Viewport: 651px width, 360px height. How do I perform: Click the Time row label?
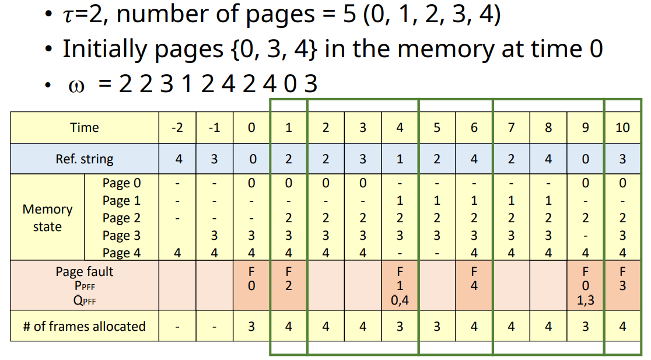point(85,128)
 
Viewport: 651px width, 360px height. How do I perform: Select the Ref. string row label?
point(85,159)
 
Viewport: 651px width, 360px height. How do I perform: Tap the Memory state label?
point(47,218)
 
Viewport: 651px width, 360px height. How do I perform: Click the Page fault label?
point(85,272)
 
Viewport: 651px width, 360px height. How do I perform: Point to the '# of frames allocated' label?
point(85,326)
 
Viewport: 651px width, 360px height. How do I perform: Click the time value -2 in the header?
point(178,128)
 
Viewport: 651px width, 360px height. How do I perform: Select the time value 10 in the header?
point(622,128)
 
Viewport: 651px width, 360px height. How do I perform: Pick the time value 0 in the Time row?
point(251,128)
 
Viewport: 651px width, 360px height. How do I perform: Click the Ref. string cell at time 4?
point(400,159)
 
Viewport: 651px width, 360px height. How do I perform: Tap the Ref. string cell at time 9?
point(585,159)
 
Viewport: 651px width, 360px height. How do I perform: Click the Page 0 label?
point(121,183)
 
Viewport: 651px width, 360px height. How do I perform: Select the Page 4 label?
point(121,253)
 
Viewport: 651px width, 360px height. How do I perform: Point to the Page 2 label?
point(121,218)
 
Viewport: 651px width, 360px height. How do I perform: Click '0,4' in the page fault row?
point(400,301)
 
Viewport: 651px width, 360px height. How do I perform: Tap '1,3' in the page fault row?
point(585,301)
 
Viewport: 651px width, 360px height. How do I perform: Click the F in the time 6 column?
point(474,272)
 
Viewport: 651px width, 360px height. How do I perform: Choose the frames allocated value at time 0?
point(251,326)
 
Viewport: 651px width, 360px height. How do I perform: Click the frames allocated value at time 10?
point(622,326)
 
